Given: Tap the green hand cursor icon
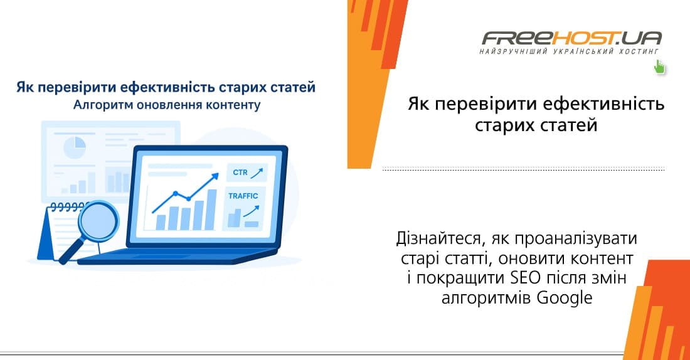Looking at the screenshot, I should click(659, 66).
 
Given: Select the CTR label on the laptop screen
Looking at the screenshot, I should click(240, 172).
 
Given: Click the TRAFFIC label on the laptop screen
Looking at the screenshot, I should click(243, 196).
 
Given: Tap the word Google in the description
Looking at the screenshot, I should click(565, 298).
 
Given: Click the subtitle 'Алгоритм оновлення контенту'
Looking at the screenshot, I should click(166, 105).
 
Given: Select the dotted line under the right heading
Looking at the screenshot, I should click(523, 169).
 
